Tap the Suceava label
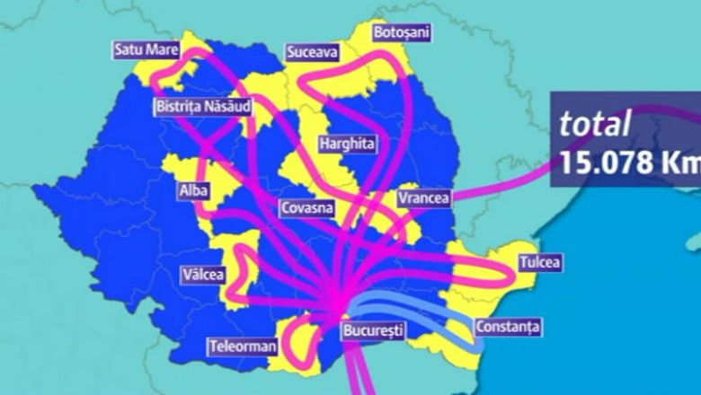point(312,53)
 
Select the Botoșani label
point(401,32)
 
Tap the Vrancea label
point(423,197)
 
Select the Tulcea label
point(539,263)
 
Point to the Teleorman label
point(241,346)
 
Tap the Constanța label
point(508,328)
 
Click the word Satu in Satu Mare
point(129,49)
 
